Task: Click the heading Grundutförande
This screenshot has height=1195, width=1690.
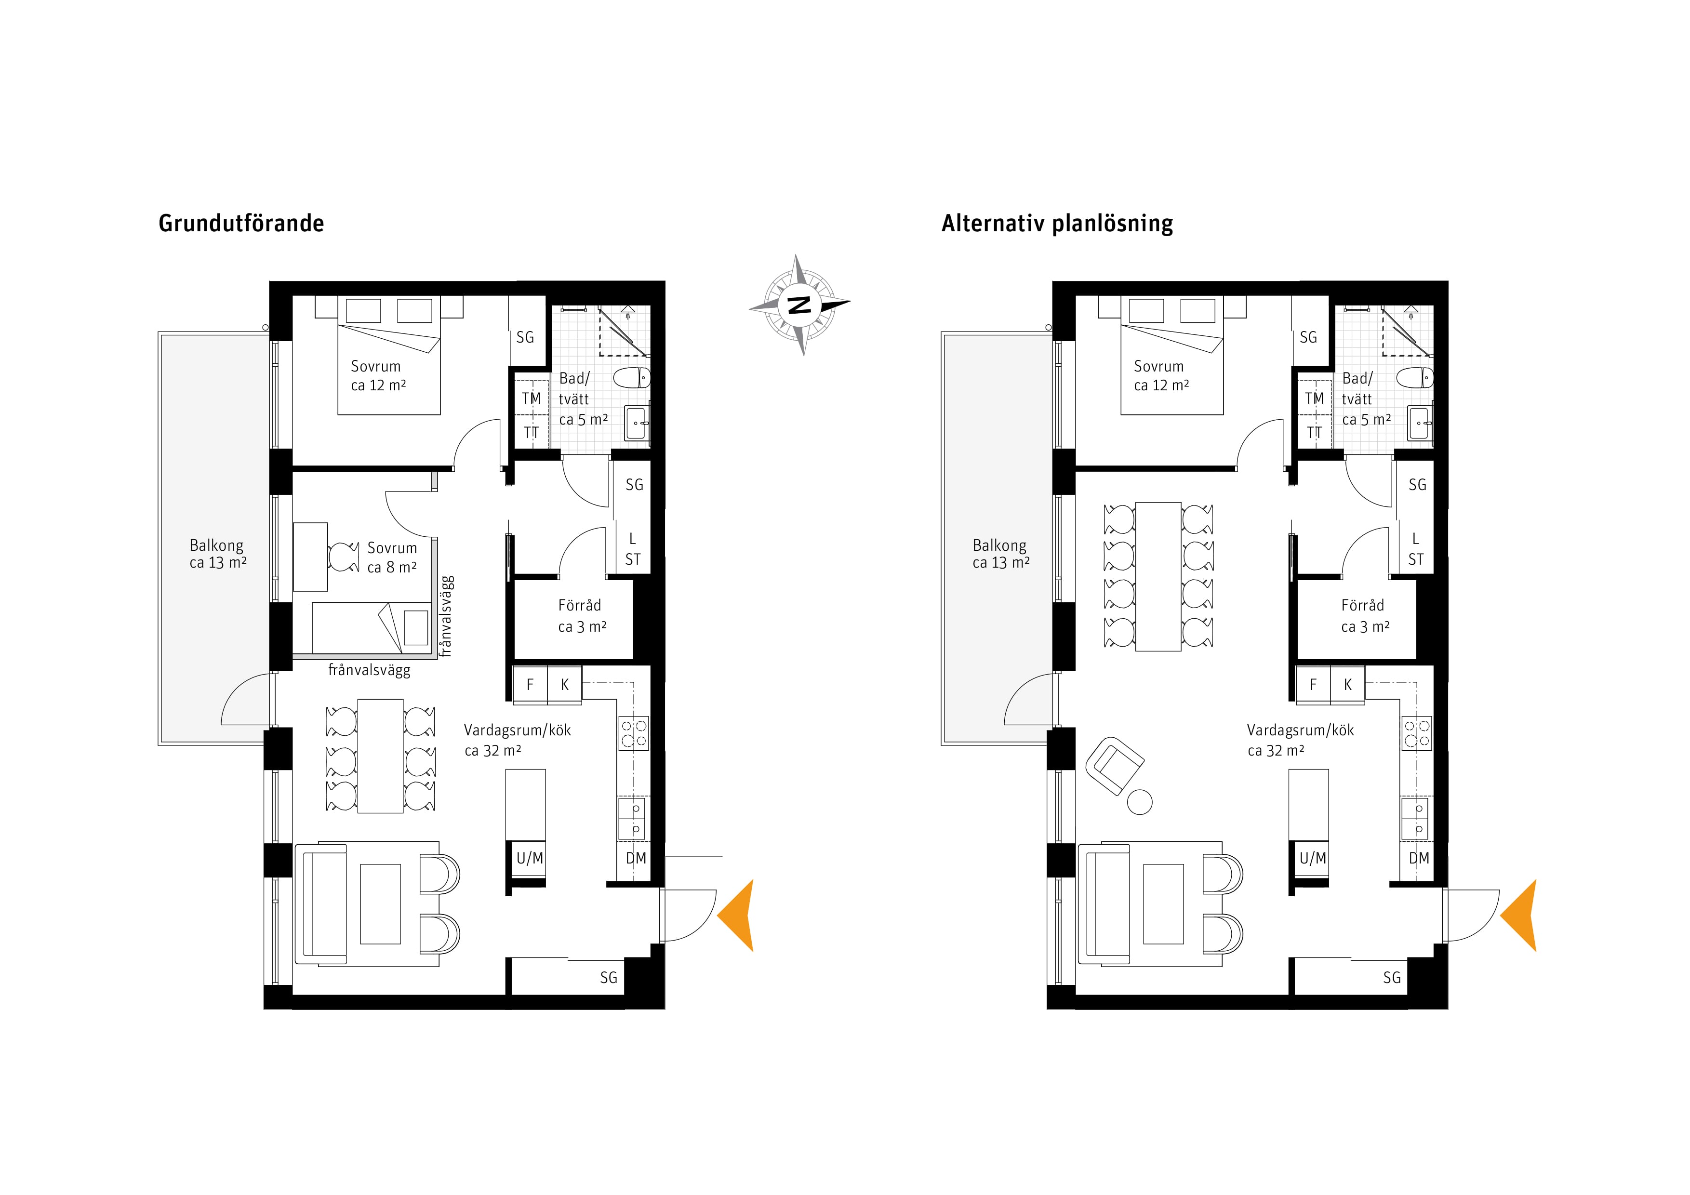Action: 241,223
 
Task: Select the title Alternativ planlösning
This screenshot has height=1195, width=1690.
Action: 1057,223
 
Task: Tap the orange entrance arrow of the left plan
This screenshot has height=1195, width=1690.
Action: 735,916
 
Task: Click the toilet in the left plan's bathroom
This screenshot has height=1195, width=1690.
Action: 633,378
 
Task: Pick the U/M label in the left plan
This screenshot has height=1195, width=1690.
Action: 530,858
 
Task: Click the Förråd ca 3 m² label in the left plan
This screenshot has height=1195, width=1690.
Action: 582,616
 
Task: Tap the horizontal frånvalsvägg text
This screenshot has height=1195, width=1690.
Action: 370,670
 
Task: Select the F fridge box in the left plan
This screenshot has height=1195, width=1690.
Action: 530,684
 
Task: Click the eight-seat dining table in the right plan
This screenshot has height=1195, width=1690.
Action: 1158,577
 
